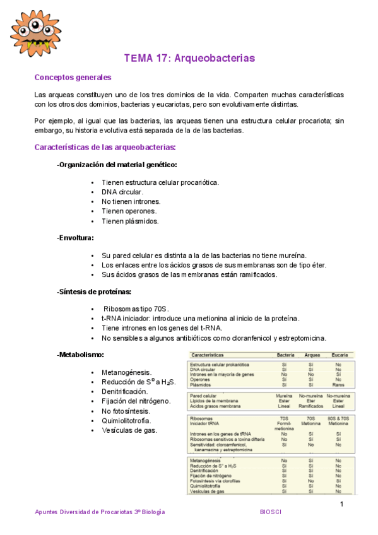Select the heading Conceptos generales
pyautogui.click(x=73, y=78)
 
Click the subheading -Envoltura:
pyautogui.click(x=75, y=238)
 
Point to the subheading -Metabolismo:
pyautogui.click(x=80, y=355)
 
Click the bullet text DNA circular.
pyautogui.click(x=122, y=192)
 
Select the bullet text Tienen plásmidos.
pyautogui.click(x=130, y=221)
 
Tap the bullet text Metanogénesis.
pyautogui.click(x=126, y=373)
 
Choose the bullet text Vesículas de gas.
pyautogui.click(x=129, y=430)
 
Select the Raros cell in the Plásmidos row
pyautogui.click(x=339, y=384)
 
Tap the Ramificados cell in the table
pyautogui.click(x=310, y=406)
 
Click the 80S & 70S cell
pyautogui.click(x=339, y=418)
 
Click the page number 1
pyautogui.click(x=341, y=503)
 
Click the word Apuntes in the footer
pyautogui.click(x=46, y=512)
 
